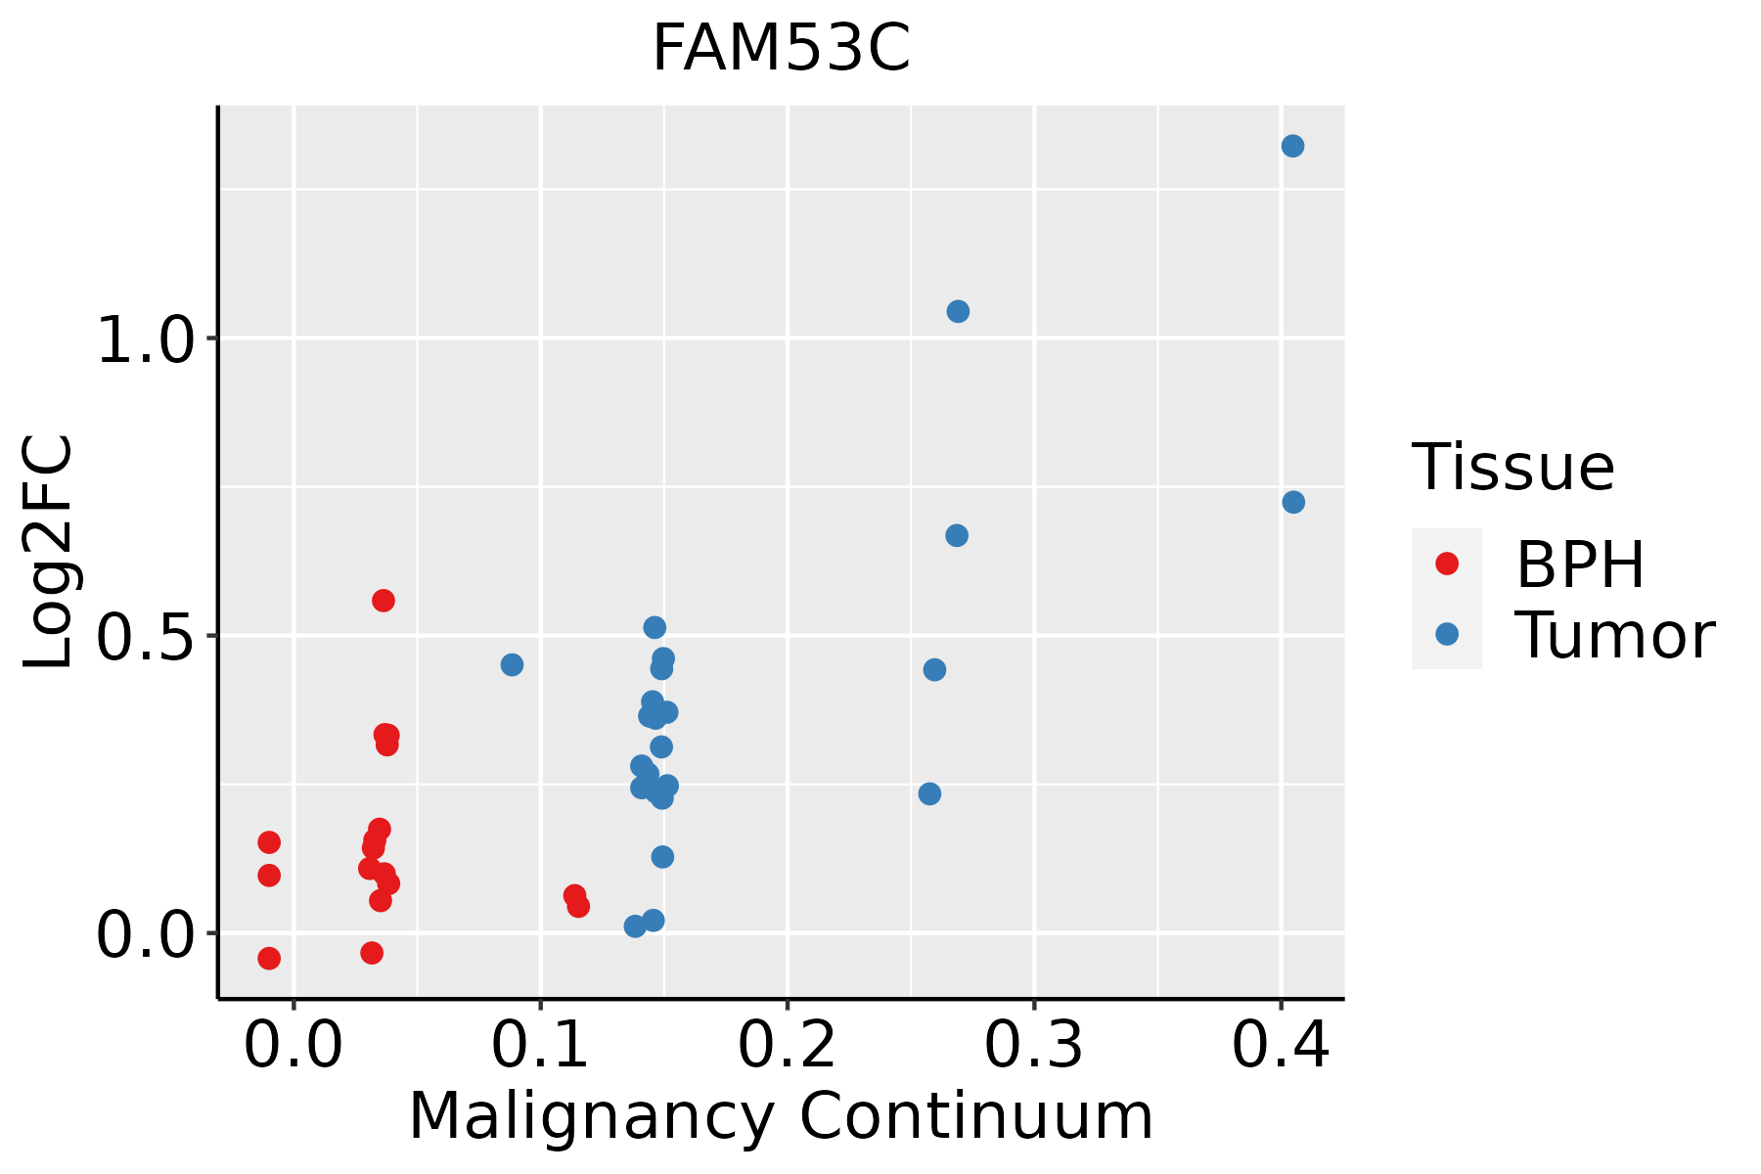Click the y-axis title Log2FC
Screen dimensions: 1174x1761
point(49,553)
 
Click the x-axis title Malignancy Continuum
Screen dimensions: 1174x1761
point(781,1116)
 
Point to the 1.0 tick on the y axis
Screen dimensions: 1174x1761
point(144,339)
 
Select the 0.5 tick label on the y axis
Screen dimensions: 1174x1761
point(144,637)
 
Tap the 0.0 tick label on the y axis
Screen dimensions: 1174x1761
point(144,934)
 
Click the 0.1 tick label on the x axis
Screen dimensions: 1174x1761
point(540,1046)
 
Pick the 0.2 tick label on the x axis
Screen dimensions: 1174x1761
point(787,1046)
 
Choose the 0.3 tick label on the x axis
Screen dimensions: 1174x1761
point(1033,1046)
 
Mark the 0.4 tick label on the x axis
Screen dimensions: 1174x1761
point(1280,1046)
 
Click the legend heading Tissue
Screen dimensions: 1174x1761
point(1513,468)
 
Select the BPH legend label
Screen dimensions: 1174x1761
point(1580,564)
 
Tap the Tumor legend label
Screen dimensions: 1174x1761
point(1614,635)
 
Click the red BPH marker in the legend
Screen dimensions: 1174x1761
point(1446,564)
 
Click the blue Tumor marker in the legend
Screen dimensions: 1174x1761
point(1446,634)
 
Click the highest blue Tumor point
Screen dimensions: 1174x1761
point(1292,146)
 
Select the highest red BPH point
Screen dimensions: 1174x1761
point(384,601)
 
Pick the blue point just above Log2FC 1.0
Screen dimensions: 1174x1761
point(958,311)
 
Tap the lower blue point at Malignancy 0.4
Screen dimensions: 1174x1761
point(1293,502)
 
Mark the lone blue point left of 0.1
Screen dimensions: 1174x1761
point(512,664)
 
